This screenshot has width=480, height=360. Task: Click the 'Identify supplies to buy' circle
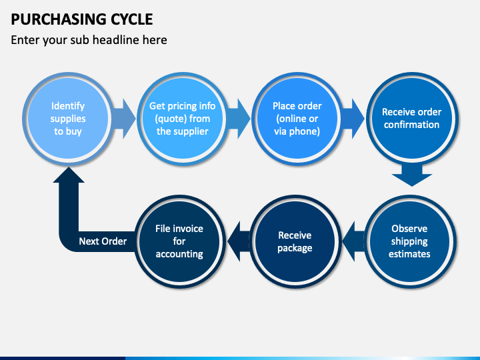[68, 119]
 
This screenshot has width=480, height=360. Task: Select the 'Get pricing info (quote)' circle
[183, 119]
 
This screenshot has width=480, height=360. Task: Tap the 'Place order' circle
[297, 119]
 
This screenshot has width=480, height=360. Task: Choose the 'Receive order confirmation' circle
[412, 119]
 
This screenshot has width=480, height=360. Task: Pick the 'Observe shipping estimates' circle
[409, 241]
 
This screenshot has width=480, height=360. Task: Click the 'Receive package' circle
[295, 241]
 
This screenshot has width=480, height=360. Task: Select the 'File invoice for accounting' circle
[179, 241]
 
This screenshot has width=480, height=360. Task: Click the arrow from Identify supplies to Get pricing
[123, 119]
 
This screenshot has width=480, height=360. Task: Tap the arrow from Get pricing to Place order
[238, 119]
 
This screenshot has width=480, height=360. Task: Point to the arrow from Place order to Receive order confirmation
[353, 119]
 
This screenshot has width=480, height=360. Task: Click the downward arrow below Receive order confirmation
[412, 176]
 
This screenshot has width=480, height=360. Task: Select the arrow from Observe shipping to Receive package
[354, 241]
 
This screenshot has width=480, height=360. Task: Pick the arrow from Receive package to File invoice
[239, 241]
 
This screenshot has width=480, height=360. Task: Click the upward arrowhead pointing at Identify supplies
[69, 175]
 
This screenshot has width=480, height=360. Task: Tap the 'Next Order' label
[103, 241]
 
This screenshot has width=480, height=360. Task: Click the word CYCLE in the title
[131, 19]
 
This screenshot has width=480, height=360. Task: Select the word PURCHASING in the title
[59, 19]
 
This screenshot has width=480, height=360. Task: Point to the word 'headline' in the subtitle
[116, 40]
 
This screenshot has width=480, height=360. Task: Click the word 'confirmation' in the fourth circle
[412, 125]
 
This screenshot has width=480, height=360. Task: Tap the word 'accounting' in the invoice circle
[179, 255]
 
